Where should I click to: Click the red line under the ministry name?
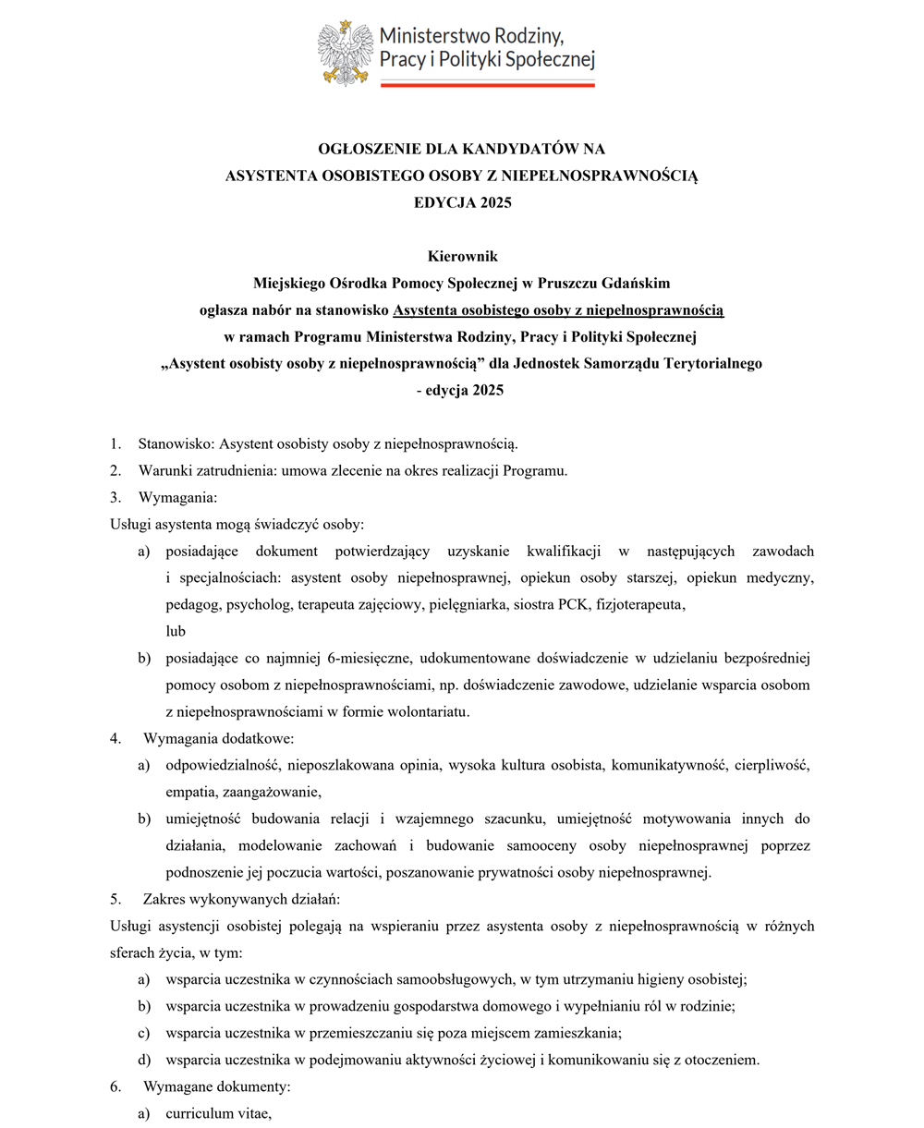point(487,85)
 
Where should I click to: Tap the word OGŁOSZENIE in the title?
point(370,148)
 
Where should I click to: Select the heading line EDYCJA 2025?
point(462,202)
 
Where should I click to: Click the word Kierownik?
point(462,256)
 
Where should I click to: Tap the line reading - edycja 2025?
point(461,390)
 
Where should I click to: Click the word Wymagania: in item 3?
point(177,497)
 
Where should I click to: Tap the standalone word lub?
point(176,632)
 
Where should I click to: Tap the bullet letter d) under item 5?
point(143,1060)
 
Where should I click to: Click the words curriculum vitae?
point(218,1113)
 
